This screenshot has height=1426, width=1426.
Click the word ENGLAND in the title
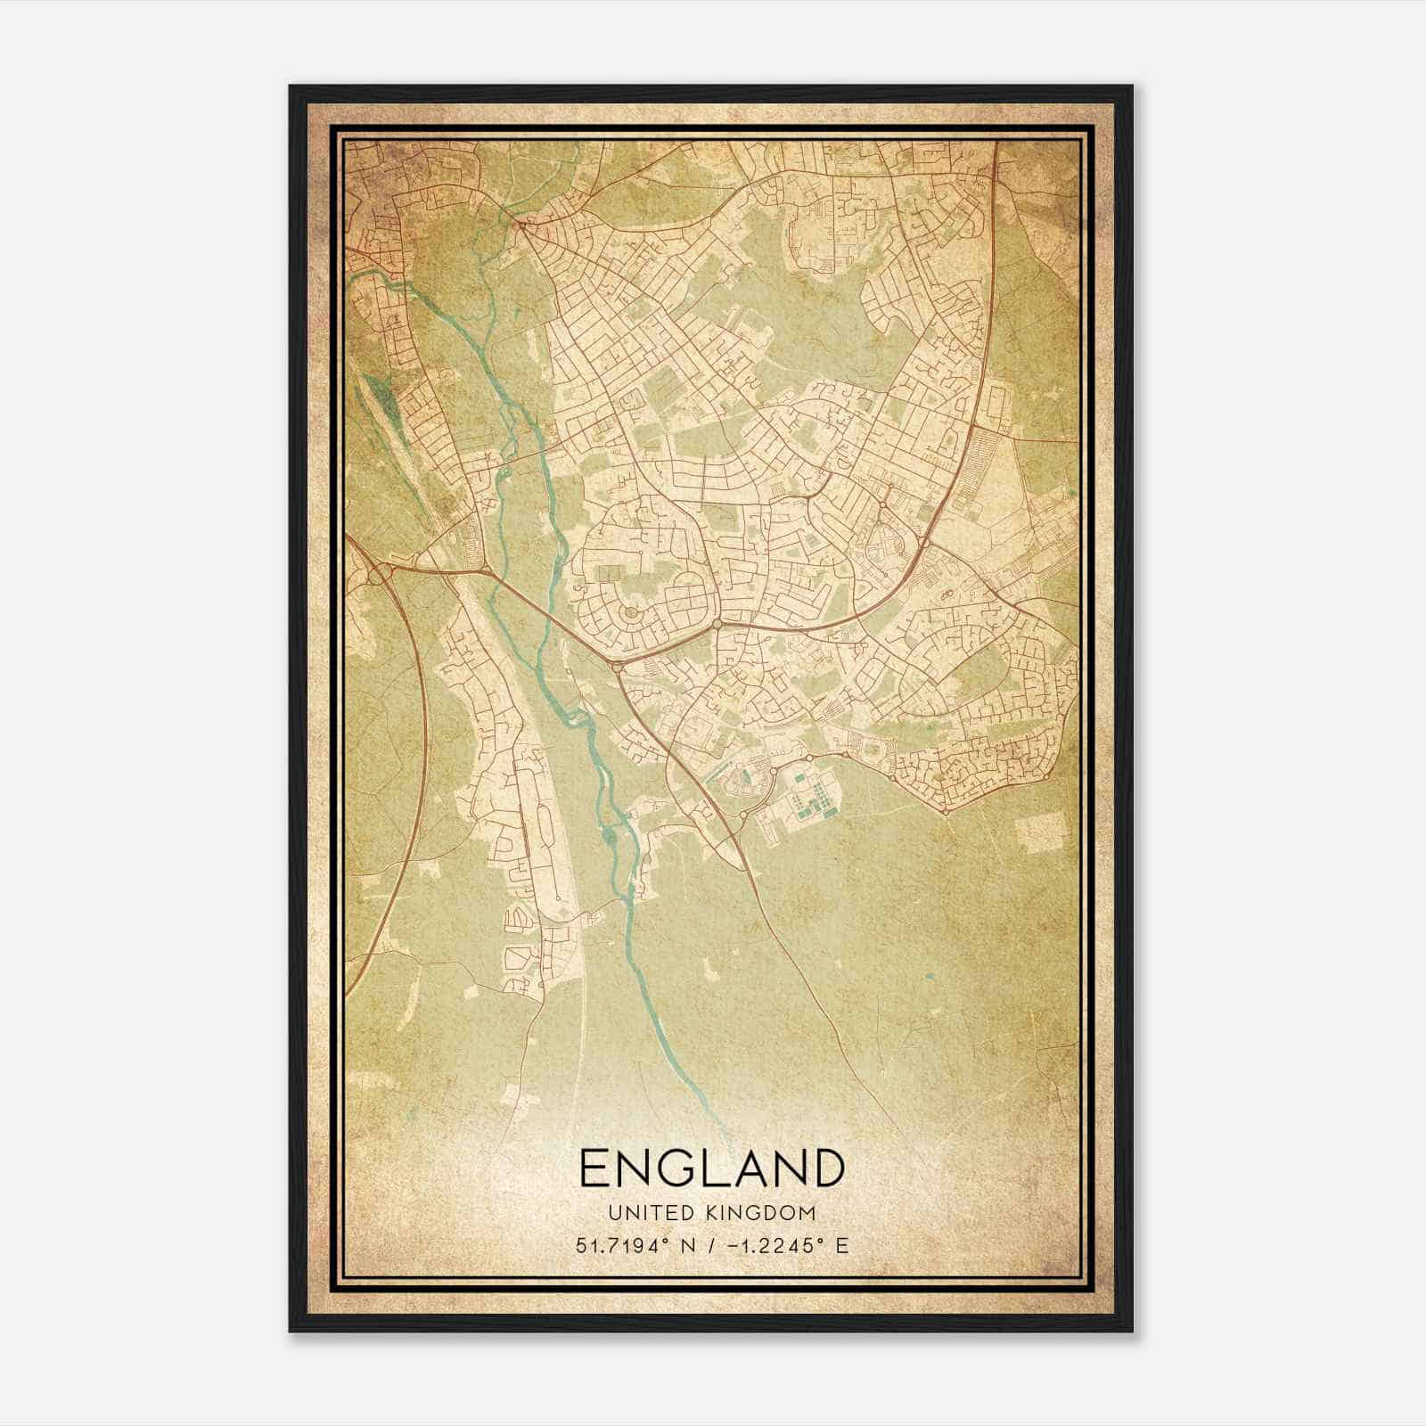(712, 1168)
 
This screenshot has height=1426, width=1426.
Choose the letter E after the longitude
(842, 1245)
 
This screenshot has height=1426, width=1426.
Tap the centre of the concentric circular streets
(631, 612)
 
